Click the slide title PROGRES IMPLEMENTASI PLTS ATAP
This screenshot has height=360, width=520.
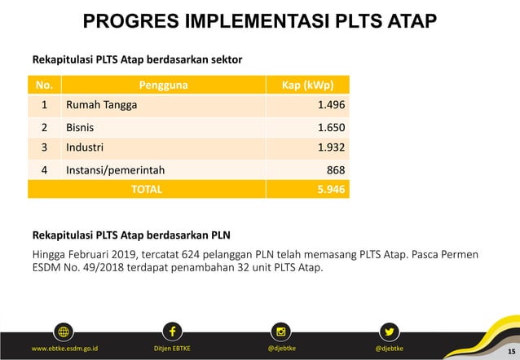click(260, 21)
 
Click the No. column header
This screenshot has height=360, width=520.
click(44, 85)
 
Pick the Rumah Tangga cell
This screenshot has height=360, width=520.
click(102, 105)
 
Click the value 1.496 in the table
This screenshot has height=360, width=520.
click(331, 105)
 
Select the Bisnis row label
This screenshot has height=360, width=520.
click(80, 127)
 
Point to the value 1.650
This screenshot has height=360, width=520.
click(331, 127)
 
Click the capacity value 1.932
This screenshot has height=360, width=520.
click(331, 147)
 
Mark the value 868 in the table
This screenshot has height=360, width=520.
click(335, 169)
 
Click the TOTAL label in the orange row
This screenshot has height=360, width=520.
click(147, 189)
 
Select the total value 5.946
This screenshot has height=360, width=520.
click(330, 189)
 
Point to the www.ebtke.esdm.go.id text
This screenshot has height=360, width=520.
click(64, 349)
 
